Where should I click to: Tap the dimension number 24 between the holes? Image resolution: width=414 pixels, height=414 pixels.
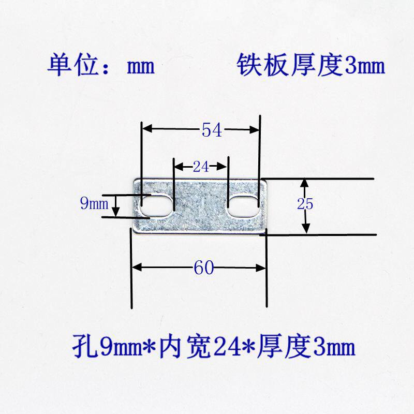[x=200, y=167]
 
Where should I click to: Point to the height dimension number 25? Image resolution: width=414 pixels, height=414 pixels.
[x=305, y=204]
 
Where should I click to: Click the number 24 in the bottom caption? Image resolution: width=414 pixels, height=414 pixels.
[x=222, y=346]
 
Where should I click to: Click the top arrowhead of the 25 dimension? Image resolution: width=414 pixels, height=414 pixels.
[x=305, y=183]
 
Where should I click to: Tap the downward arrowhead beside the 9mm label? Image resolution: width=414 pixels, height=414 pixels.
[x=116, y=212]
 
